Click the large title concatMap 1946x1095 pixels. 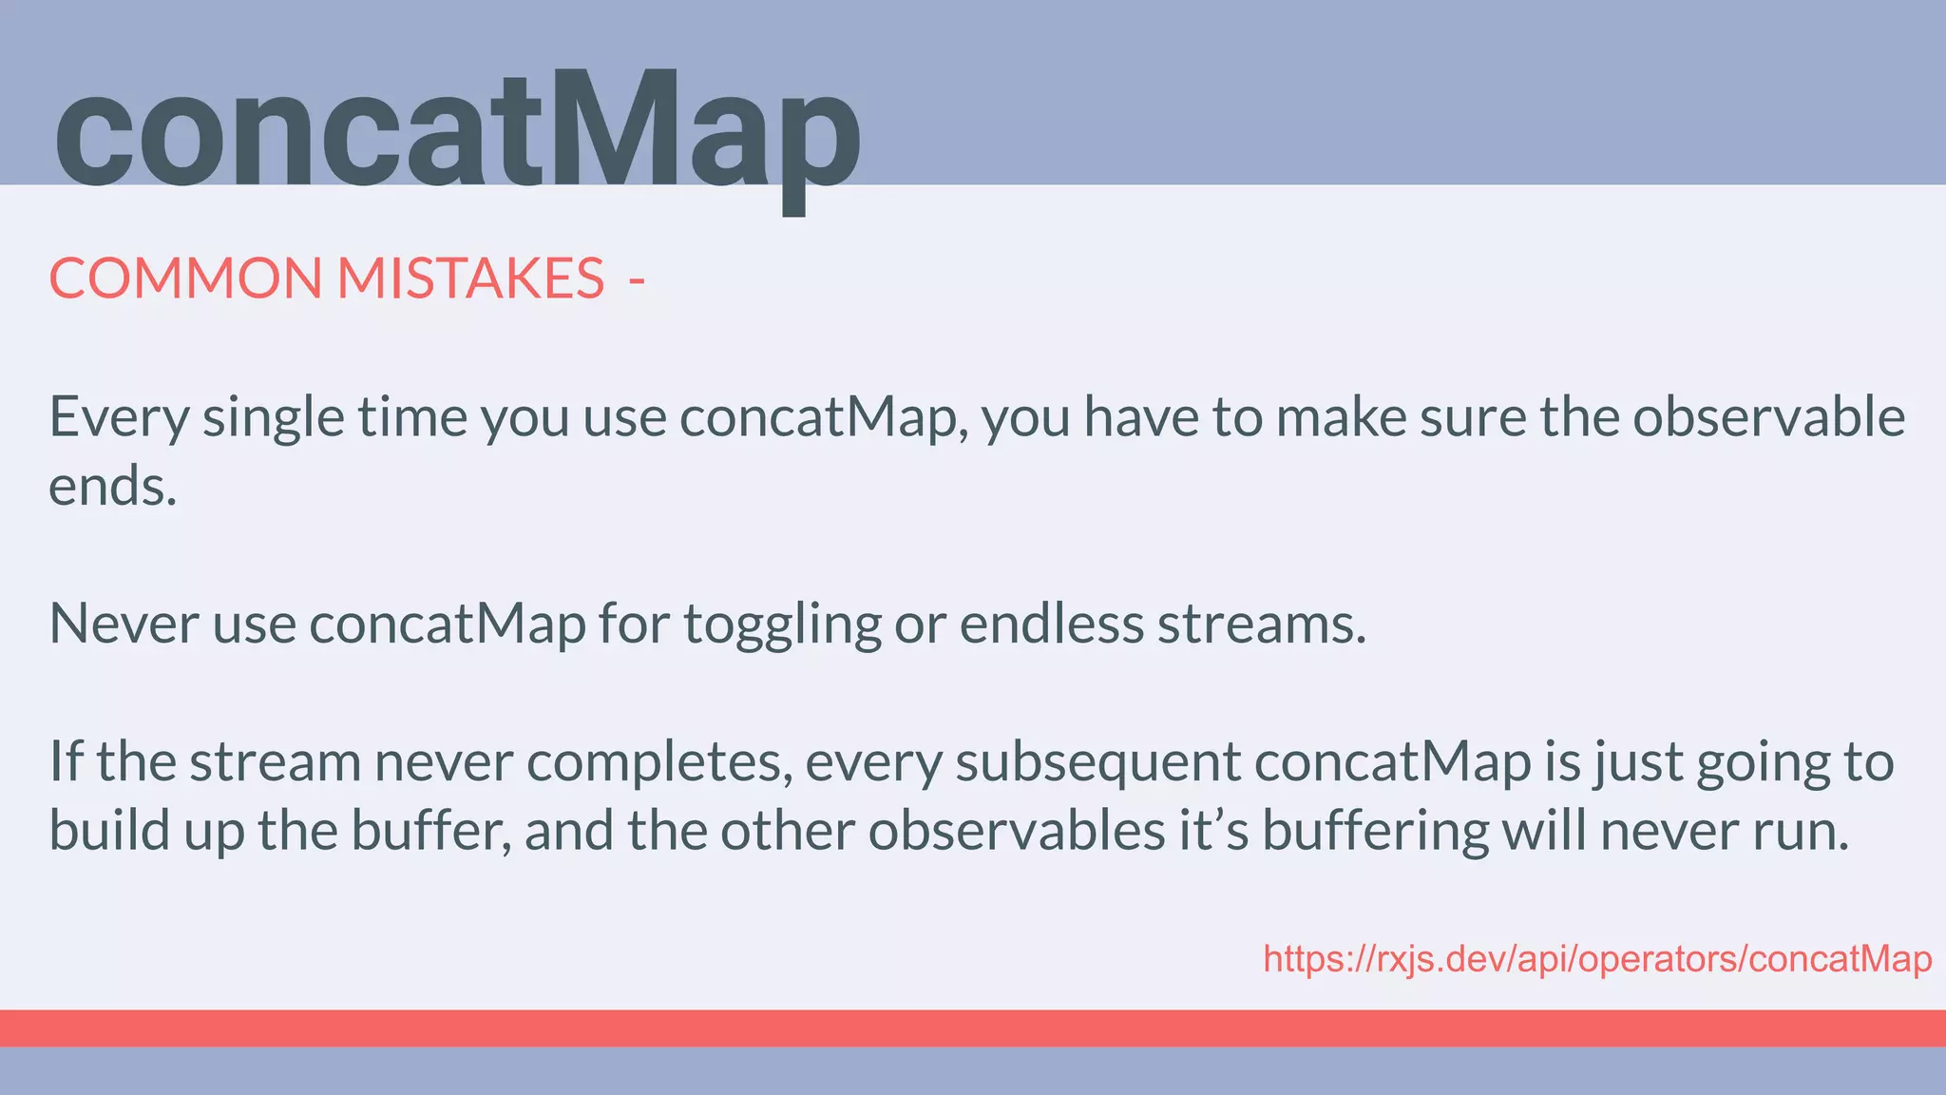[x=456, y=133]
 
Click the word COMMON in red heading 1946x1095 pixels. [x=185, y=279]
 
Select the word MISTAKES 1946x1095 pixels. [x=470, y=279]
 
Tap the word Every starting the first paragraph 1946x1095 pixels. [x=119, y=418]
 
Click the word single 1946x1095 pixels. [x=273, y=418]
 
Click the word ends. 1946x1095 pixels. [x=112, y=487]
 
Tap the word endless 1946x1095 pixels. [x=1051, y=624]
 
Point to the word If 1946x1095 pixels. [x=66, y=761]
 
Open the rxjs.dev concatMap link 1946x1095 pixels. [x=1596, y=959]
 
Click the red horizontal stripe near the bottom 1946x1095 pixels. [x=973, y=1028]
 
